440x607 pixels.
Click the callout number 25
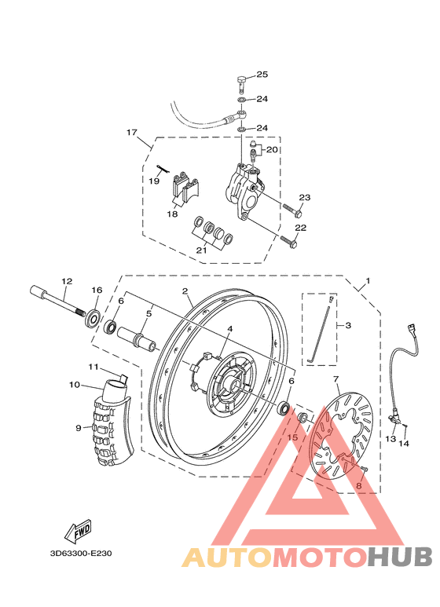(262, 75)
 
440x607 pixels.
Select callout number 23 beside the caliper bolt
(305, 197)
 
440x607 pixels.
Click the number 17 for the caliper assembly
(131, 132)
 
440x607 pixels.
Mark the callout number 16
(97, 291)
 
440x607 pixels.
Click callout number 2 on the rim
(185, 291)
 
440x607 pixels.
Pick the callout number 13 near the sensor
(390, 440)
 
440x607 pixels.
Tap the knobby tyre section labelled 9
(110, 428)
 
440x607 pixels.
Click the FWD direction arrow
(79, 533)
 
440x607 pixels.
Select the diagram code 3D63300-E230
(81, 554)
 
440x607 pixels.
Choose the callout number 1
(367, 281)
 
